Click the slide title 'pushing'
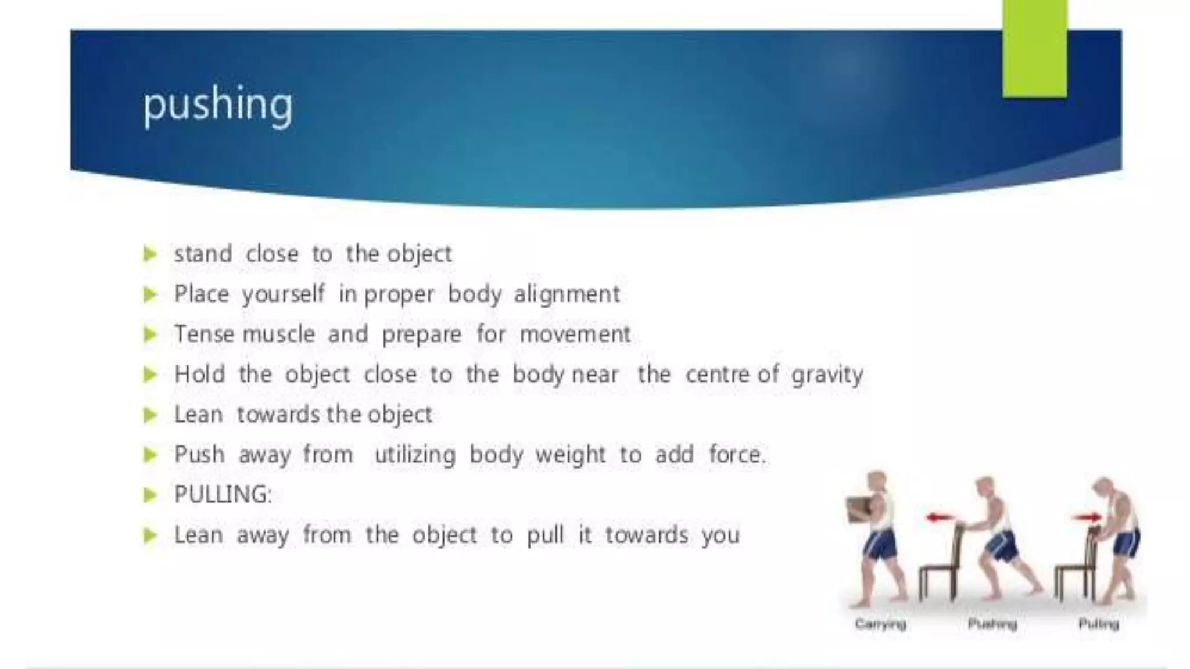point(218,105)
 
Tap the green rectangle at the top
point(1034,49)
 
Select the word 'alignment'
point(567,294)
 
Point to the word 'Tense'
point(204,334)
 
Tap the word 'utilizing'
point(415,455)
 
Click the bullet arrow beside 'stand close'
point(150,254)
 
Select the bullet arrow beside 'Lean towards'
point(150,415)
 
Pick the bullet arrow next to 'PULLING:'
point(150,495)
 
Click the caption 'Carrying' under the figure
point(880,624)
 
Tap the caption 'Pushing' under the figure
point(992,624)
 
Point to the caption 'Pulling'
point(1098,624)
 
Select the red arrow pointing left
point(940,517)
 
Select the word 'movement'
point(575,334)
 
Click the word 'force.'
point(737,455)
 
